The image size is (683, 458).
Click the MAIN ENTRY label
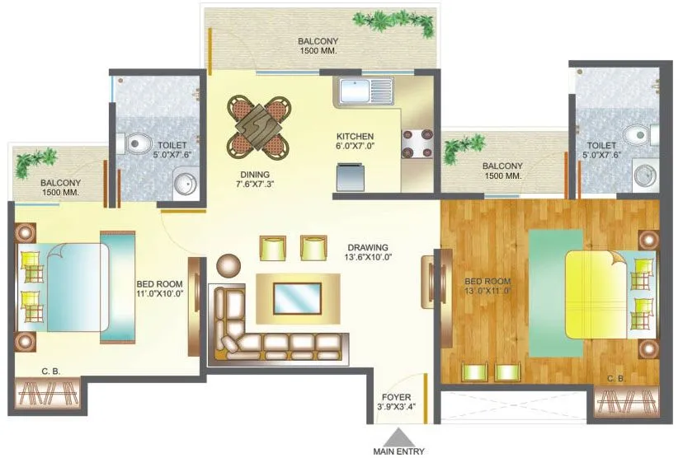pyautogui.click(x=399, y=451)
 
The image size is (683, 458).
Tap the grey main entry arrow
pyautogui.click(x=399, y=436)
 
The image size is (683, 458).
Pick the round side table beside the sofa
pyautogui.click(x=227, y=265)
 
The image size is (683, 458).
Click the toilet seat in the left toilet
pyautogui.click(x=138, y=145)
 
